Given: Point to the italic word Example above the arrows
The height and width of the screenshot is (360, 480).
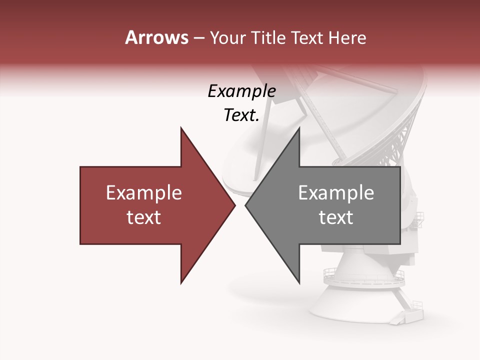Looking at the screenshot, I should (241, 91).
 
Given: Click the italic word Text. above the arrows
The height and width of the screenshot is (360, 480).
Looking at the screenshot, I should (241, 115).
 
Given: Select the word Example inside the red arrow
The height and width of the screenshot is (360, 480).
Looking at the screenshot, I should (144, 193).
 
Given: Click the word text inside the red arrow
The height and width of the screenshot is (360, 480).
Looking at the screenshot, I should (144, 217).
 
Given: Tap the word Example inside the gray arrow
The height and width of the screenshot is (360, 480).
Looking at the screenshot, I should (336, 193).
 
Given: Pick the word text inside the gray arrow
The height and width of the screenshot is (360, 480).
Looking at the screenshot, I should (336, 217).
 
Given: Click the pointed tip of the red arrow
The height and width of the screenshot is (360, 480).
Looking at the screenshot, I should (234, 205).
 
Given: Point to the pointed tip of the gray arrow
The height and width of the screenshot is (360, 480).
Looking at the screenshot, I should (246, 205).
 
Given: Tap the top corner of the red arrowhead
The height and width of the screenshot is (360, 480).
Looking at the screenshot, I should (181, 128).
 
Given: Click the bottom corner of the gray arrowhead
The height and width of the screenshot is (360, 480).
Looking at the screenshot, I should (299, 282).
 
